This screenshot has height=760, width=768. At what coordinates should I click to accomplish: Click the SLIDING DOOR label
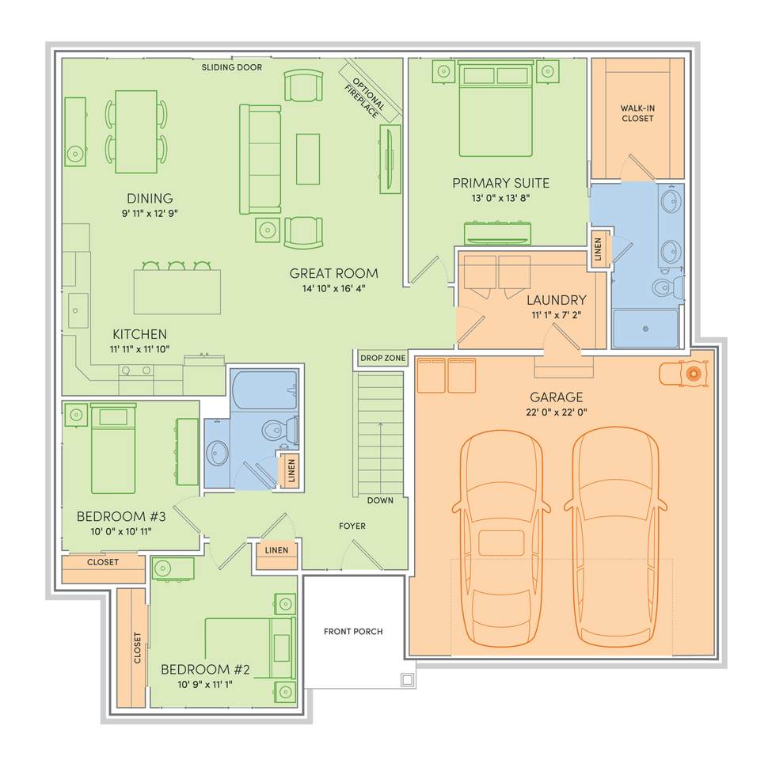point(232,67)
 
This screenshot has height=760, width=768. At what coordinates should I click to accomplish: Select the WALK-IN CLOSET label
point(637,113)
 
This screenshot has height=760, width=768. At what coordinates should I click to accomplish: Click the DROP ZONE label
point(383,358)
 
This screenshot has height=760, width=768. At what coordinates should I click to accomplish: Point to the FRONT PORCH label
point(353,631)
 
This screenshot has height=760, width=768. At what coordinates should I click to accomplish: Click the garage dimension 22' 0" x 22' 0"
point(557,412)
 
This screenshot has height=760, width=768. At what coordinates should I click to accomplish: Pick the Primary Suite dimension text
point(500,198)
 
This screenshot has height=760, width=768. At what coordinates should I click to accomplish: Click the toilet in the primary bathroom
point(668,287)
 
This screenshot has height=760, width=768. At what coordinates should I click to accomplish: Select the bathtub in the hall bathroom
point(265,389)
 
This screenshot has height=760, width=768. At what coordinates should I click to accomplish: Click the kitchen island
point(177,292)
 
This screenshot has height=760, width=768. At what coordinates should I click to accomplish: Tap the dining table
point(136,131)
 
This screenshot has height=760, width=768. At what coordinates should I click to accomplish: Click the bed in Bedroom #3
point(113,448)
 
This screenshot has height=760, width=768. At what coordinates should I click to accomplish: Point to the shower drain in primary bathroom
point(645,329)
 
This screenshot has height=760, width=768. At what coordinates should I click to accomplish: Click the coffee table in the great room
point(308,159)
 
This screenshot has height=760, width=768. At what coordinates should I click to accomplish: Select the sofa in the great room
point(260,159)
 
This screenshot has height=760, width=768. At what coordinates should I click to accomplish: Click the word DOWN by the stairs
point(380,500)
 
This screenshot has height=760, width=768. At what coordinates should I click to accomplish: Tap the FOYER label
point(352,526)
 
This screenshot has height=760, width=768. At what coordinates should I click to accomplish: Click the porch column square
point(408,680)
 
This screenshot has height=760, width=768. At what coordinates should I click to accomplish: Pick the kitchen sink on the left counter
point(78,310)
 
